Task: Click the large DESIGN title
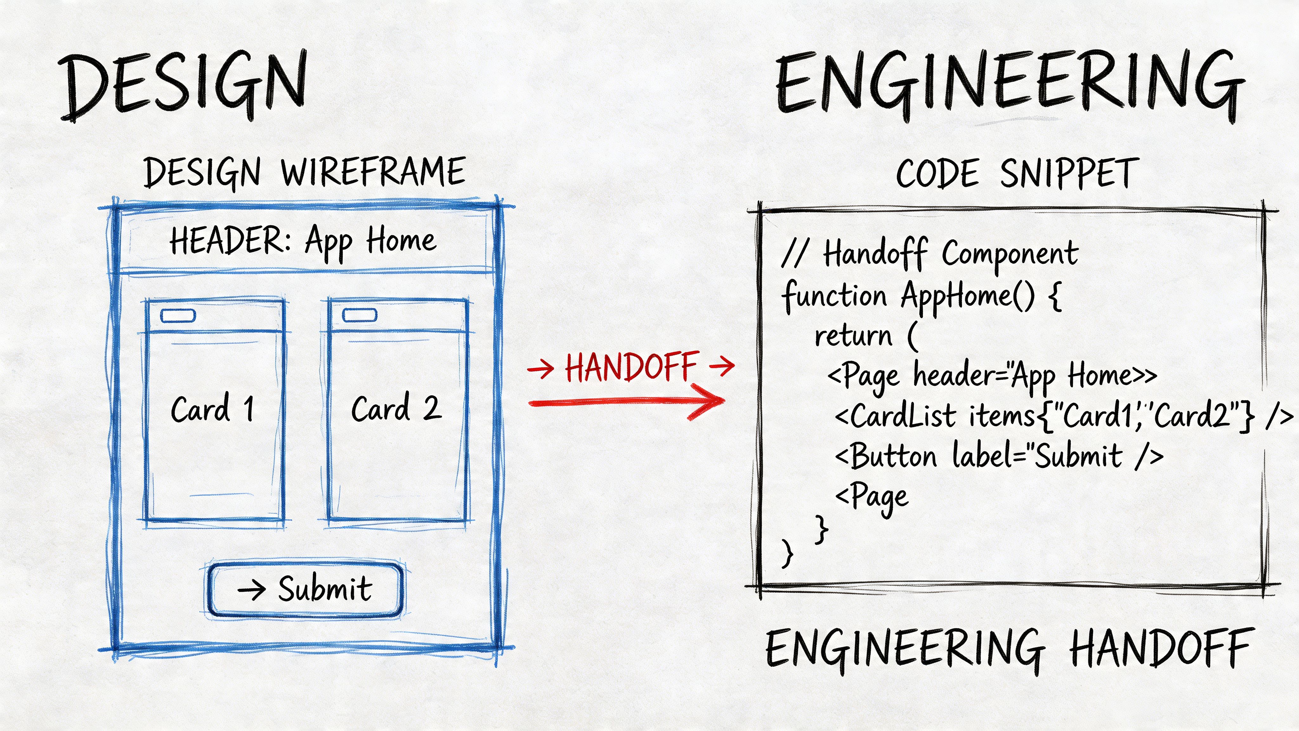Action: click(x=184, y=85)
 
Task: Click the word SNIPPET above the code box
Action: click(x=1069, y=173)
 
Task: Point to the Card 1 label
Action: click(x=212, y=409)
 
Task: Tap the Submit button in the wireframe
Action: click(x=305, y=589)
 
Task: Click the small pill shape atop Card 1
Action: click(x=178, y=316)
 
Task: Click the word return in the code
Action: click(x=853, y=335)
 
